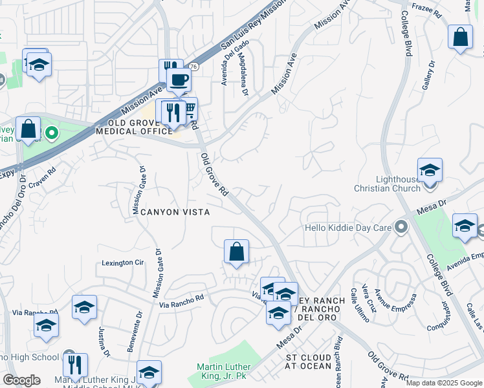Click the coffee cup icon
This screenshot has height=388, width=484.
[178, 80]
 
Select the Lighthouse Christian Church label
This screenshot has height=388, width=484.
[393, 184]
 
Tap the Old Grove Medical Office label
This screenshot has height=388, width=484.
[135, 127]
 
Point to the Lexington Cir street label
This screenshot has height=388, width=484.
[122, 263]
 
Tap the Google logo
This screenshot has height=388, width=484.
[21, 380]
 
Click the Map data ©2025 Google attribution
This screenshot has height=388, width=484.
[444, 382]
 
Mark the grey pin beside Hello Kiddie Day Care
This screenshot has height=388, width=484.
[402, 227]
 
